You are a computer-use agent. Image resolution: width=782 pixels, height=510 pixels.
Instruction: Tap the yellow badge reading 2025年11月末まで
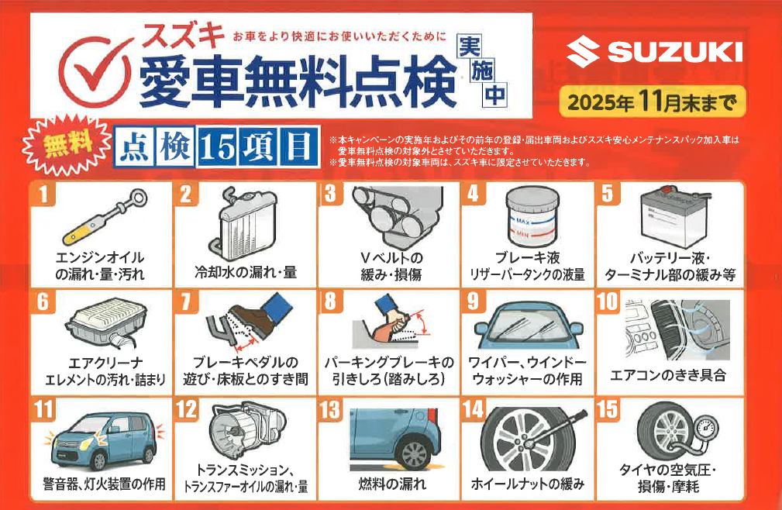coord(653,102)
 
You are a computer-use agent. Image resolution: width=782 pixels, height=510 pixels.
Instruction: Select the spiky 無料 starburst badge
coord(67,145)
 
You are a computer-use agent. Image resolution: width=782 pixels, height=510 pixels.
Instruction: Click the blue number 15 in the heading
coord(218,147)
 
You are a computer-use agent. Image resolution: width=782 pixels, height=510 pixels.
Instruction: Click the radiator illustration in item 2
coord(243,223)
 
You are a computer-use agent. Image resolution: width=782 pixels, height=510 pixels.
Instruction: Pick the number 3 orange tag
coord(331,194)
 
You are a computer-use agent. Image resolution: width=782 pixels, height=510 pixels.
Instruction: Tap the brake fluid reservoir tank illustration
coord(532,215)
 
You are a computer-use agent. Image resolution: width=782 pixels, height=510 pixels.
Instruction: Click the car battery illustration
coord(676,217)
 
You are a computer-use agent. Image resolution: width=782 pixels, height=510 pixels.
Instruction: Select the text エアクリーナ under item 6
coord(105,363)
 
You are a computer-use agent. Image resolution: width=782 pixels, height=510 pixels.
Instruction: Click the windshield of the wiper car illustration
coord(529,325)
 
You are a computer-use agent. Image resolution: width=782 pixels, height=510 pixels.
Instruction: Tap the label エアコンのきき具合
coord(668,375)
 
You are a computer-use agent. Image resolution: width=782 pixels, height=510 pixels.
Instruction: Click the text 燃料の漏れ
coord(392,483)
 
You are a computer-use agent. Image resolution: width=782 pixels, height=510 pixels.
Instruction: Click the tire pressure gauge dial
coord(706,429)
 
